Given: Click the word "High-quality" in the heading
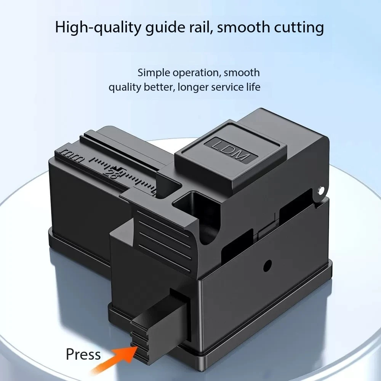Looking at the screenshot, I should point(99,28).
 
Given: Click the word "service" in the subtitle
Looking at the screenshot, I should point(226,87).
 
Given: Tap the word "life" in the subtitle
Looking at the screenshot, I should point(252,87).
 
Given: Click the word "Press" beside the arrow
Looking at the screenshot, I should point(83,354).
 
